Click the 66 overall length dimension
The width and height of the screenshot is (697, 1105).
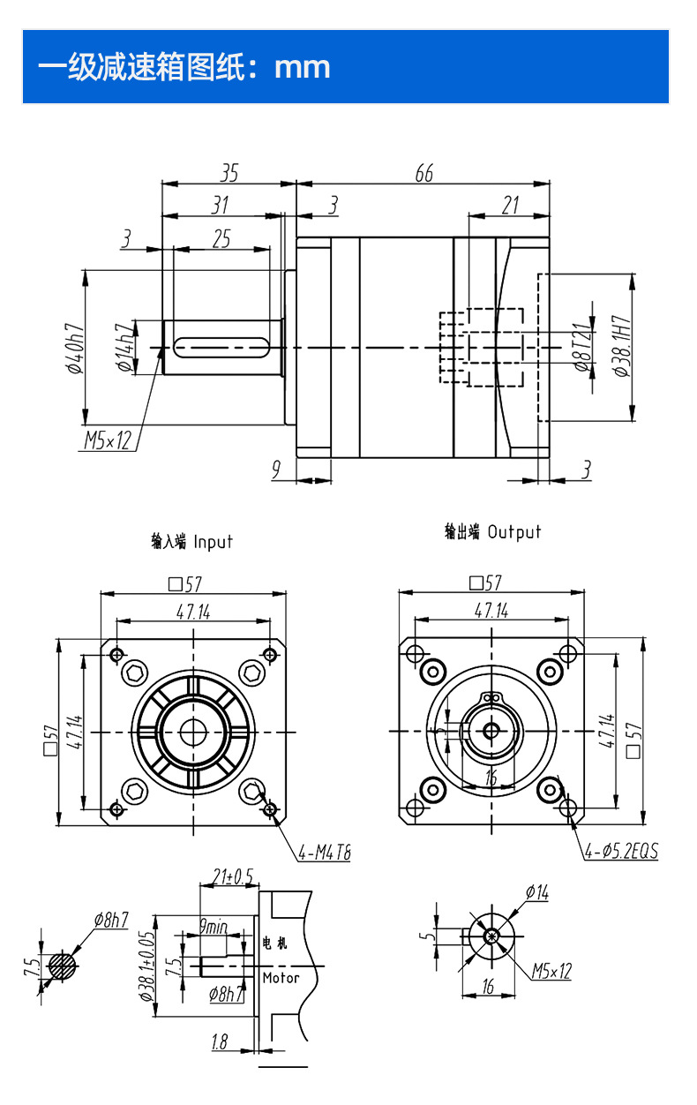pos(424,173)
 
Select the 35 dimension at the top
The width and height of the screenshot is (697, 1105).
pos(229,172)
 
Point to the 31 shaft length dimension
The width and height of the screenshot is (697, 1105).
pos(221,205)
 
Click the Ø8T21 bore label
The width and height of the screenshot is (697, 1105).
pos(581,347)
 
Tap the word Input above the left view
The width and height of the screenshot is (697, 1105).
pos(213,541)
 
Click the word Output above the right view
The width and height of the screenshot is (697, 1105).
pos(513,531)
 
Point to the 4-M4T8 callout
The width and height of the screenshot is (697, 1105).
pos(324,853)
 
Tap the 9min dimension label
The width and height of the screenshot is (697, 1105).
pos(213,927)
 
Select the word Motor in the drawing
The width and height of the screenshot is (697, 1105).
pos(281,977)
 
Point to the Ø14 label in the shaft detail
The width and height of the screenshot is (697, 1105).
pos(536,893)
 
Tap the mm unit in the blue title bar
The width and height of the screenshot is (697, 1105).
pos(302,67)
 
